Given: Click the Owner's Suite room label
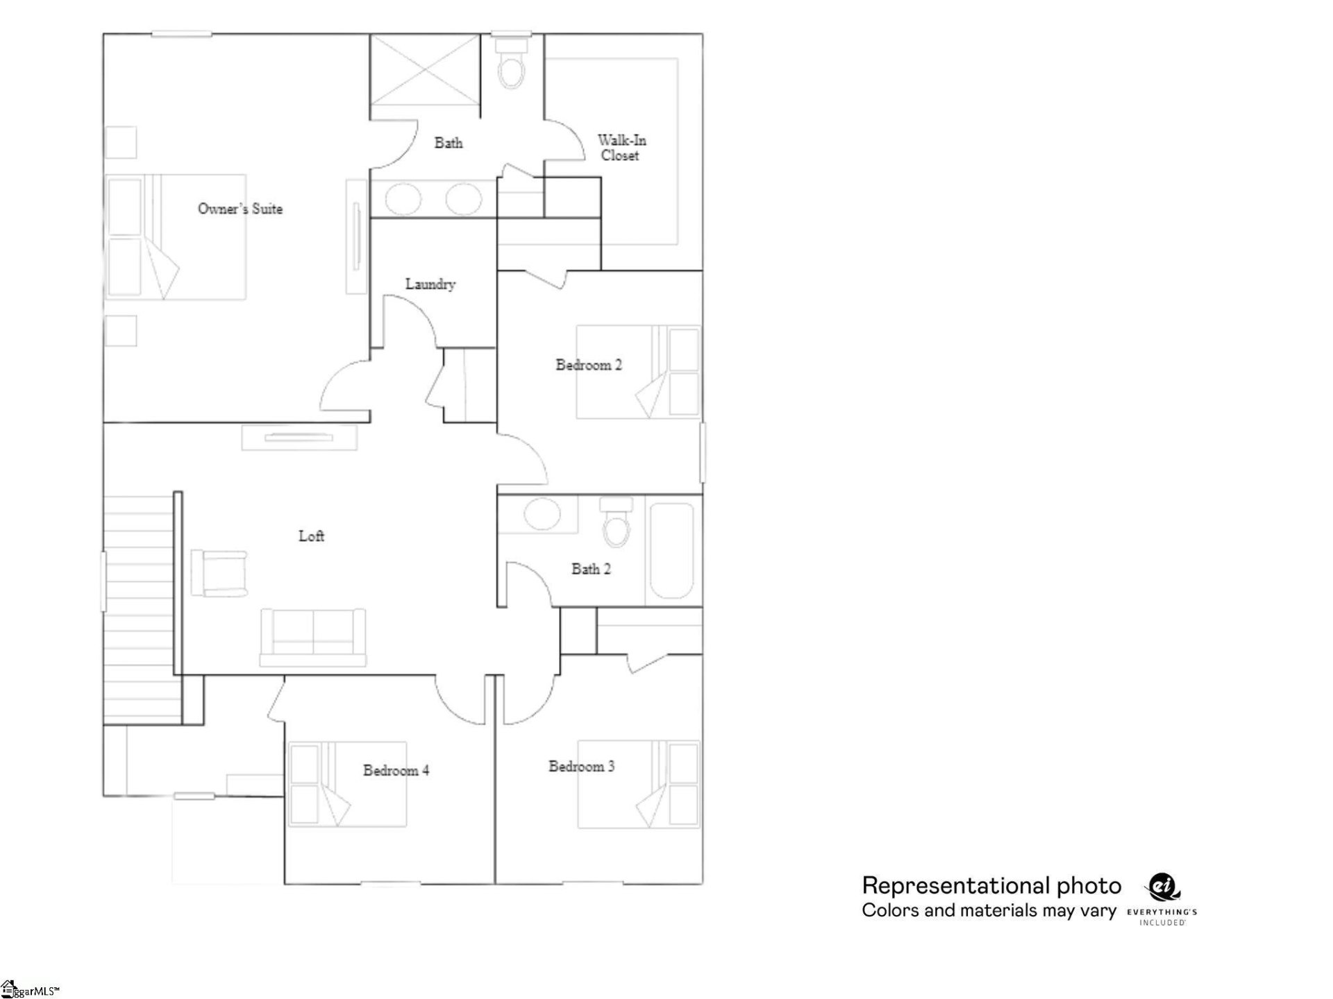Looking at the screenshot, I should click(x=240, y=209).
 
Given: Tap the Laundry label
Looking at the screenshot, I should click(x=430, y=284).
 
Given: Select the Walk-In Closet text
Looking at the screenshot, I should click(x=621, y=148).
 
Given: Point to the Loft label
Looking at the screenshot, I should click(x=311, y=536).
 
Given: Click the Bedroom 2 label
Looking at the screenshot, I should click(x=589, y=365).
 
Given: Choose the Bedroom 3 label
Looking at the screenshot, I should click(x=582, y=767).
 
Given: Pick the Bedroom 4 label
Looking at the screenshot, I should click(x=396, y=770).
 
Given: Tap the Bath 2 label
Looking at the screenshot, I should click(x=591, y=569).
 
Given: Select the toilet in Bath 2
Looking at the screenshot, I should click(x=616, y=524).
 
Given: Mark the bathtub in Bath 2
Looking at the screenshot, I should click(x=671, y=551).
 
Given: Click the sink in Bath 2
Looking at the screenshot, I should click(x=542, y=514).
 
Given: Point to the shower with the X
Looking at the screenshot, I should click(x=424, y=69).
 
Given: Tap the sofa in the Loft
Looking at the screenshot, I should click(x=312, y=637).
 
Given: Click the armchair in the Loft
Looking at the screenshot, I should click(x=219, y=573).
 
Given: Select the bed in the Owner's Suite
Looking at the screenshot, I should click(x=176, y=237).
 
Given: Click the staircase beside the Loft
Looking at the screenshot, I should click(x=138, y=607).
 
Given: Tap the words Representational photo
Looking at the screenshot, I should click(x=991, y=886).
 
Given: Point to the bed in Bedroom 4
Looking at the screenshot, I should click(x=347, y=784).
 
